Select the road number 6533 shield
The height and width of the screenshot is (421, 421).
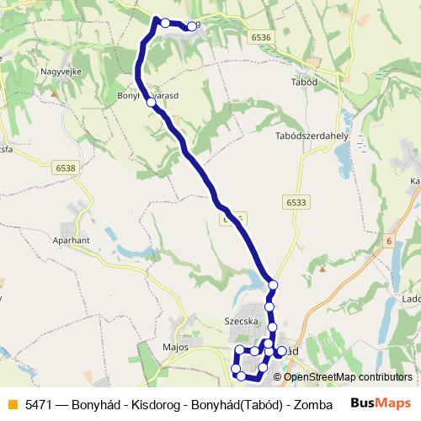pos(296,202)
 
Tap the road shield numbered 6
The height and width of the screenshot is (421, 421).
pos(390,242)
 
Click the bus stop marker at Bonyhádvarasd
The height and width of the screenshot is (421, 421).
pos(152,102)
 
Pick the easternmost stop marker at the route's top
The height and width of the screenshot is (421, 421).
pos(192,26)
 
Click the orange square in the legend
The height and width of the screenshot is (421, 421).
pos(12,404)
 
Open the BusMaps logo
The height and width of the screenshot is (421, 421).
pos(380,403)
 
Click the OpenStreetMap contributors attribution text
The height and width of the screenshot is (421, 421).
pos(347,376)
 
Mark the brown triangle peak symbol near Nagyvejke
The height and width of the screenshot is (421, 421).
pos(54,93)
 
